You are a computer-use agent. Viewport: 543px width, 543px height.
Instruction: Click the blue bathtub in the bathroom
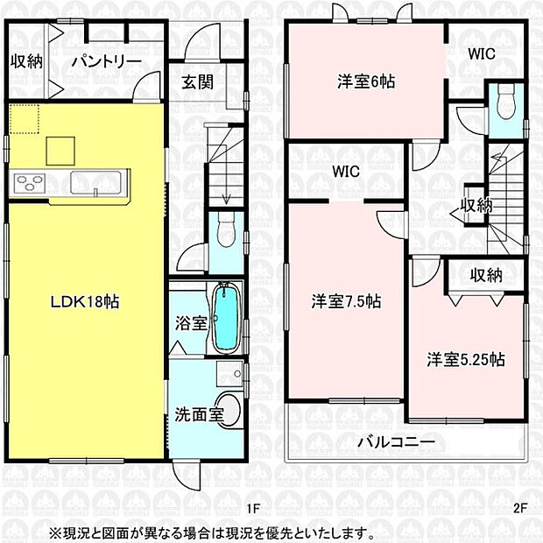click(227, 318)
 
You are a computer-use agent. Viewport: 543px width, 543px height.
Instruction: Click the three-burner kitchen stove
click(31, 185)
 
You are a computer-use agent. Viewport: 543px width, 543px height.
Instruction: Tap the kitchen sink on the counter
click(90, 184)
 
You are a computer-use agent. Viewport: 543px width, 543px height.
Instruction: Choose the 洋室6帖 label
click(366, 82)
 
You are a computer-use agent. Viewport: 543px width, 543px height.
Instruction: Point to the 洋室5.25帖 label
click(465, 359)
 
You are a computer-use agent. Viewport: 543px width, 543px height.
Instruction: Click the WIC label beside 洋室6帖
click(481, 53)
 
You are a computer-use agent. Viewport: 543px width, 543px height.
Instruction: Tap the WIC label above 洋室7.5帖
click(345, 172)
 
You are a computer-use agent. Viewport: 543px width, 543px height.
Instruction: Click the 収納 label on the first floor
click(27, 62)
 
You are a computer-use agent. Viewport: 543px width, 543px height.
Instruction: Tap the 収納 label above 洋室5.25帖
click(485, 275)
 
